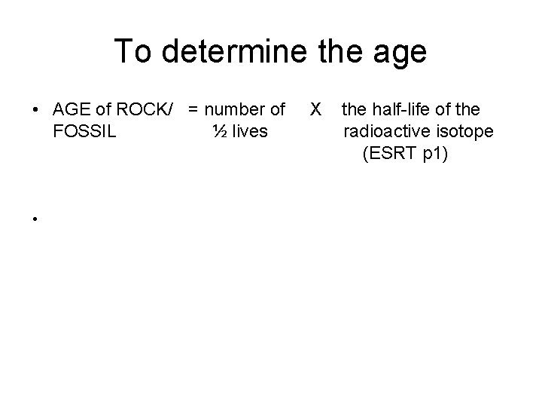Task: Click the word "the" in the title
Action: (x=335, y=51)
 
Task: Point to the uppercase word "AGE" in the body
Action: (x=72, y=111)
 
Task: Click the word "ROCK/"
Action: (x=153, y=111)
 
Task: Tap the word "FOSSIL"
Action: (x=85, y=132)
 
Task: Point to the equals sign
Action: (x=193, y=111)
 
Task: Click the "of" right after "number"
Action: (x=276, y=111)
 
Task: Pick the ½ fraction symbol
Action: (x=219, y=132)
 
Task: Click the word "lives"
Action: (x=250, y=132)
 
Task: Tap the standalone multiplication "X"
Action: (x=316, y=111)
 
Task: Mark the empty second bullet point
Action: (x=35, y=218)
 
